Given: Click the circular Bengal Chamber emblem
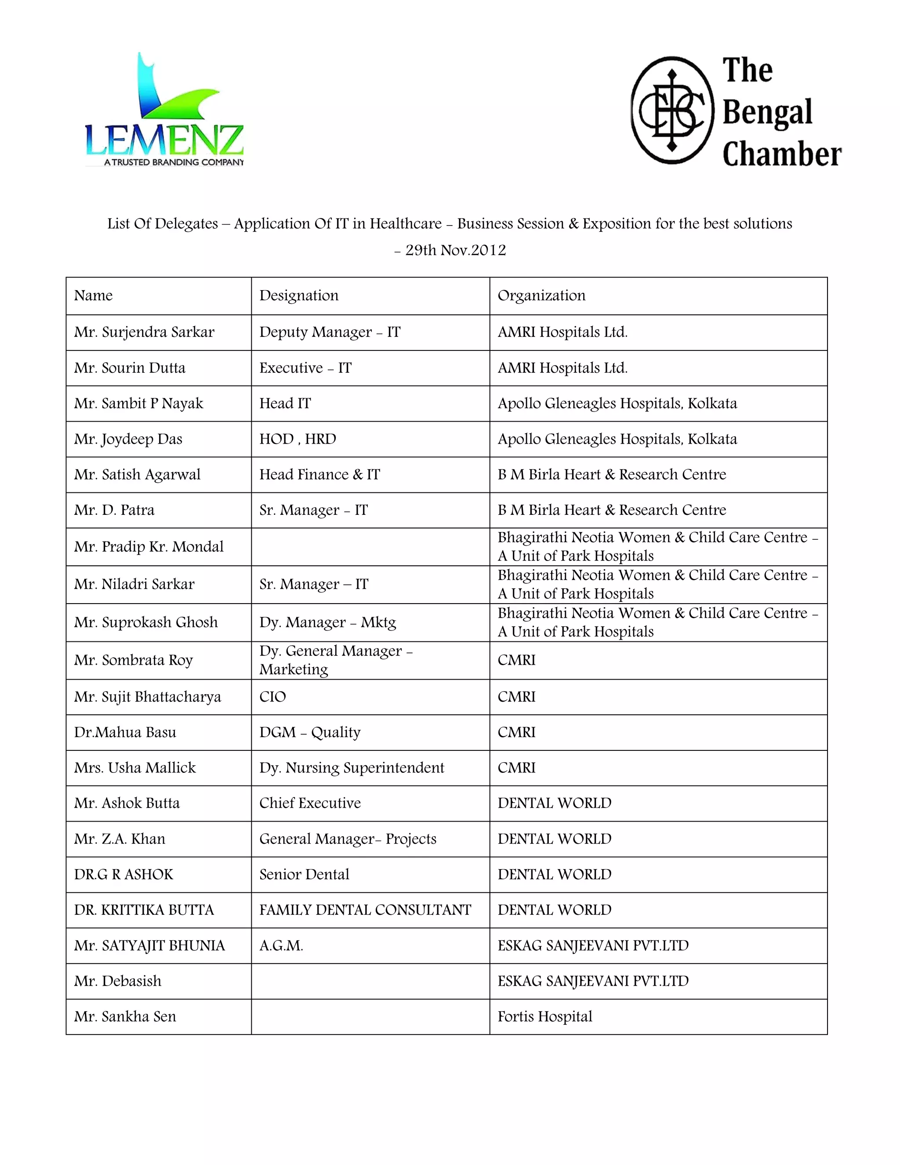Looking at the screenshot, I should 672,110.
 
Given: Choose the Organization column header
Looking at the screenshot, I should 541,295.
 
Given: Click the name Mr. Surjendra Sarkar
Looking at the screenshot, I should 144,332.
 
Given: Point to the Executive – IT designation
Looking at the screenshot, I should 305,368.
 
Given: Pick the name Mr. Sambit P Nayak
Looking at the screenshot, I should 138,403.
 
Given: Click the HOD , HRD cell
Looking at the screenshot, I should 298,439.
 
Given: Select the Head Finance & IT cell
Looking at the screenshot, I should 319,474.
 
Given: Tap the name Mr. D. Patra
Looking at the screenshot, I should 114,510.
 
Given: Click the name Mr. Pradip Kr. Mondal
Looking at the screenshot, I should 149,547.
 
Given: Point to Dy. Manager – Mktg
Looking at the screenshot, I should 327,623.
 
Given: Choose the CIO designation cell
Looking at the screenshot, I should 272,697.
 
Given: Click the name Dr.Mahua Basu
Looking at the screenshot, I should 125,732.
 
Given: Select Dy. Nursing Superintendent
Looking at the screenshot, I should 352,768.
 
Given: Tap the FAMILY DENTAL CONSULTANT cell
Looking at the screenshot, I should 365,910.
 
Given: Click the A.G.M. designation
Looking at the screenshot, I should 281,946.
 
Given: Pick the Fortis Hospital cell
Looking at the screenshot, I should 545,1017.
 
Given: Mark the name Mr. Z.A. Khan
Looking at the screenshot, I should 120,839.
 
